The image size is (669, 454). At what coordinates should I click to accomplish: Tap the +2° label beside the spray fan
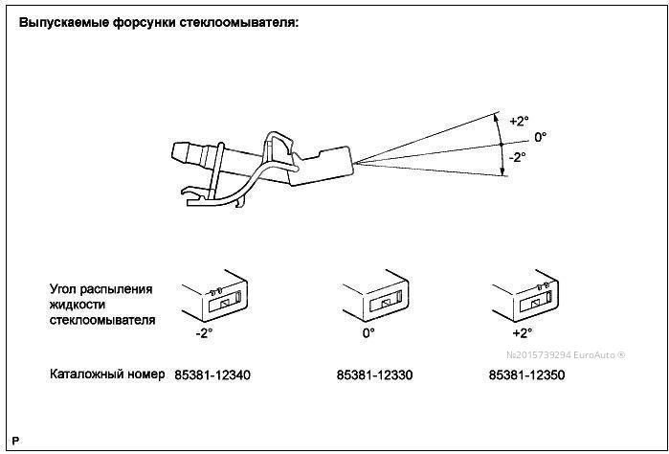coord(518,122)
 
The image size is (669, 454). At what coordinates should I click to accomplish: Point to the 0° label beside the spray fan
coord(541,137)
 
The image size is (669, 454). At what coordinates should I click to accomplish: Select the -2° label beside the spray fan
coord(517,156)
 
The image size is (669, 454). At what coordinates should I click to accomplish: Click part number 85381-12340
coord(212,375)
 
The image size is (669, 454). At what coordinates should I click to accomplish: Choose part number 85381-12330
coord(374,375)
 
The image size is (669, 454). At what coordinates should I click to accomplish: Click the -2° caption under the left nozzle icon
coord(204,334)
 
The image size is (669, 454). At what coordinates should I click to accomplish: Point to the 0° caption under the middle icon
coord(368,334)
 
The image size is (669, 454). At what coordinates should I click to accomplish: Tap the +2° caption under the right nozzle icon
coord(522,334)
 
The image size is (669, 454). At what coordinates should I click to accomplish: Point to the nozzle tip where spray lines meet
coord(351,163)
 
